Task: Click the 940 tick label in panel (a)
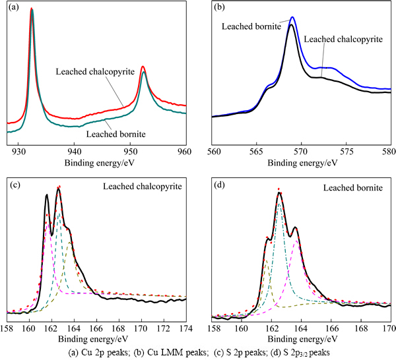point(75,150)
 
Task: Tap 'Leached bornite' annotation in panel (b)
point(252,26)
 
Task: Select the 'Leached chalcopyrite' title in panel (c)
point(141,187)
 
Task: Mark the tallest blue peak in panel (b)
point(292,18)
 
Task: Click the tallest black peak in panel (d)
point(279,193)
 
